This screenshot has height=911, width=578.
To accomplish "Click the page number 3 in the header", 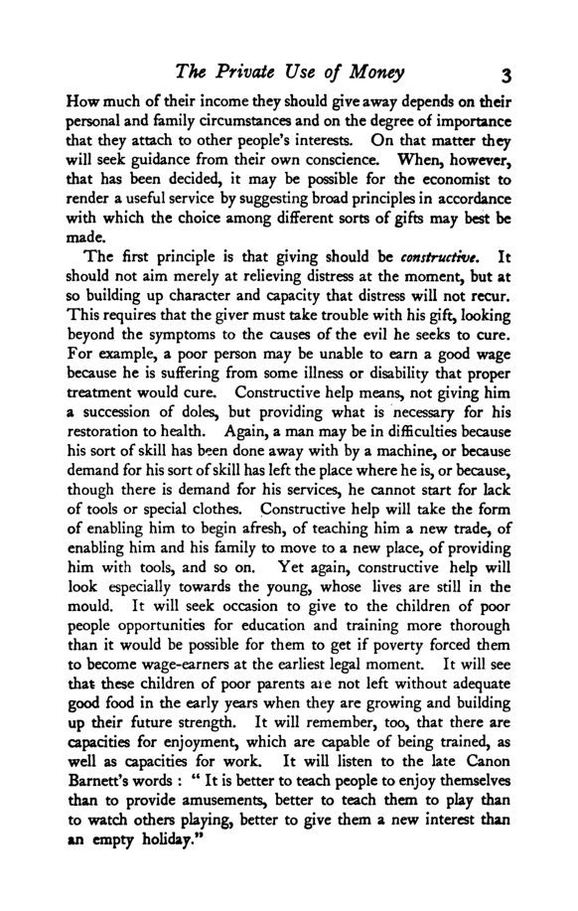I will point(506,74).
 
